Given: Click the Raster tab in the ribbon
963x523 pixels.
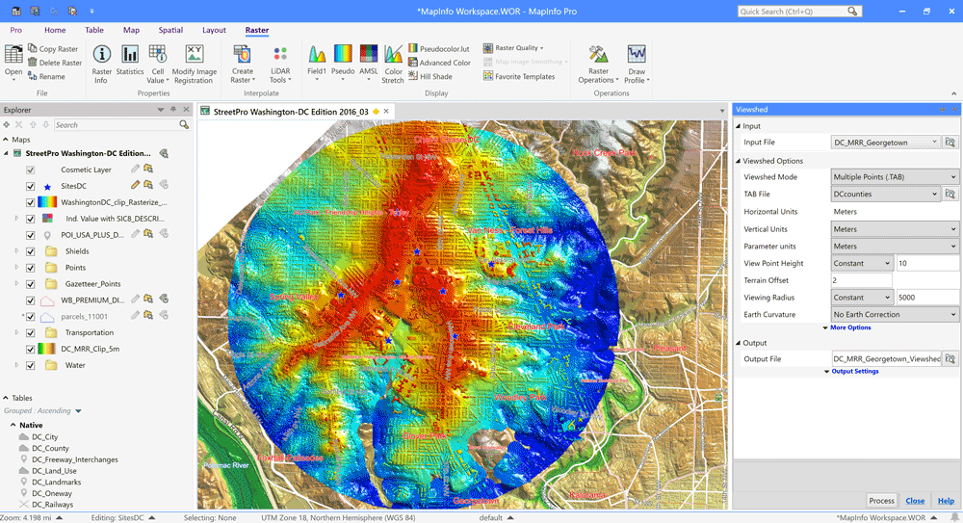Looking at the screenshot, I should click(x=256, y=30).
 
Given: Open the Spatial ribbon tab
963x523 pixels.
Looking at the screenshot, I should click(x=170, y=30).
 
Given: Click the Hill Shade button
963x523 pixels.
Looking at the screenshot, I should click(x=435, y=76).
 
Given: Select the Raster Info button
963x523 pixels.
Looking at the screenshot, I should click(x=101, y=64).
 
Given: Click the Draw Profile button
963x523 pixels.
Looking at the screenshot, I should click(x=636, y=64).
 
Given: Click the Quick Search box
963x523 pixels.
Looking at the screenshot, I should click(x=792, y=12).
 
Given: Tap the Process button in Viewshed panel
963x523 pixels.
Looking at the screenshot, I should click(x=881, y=501).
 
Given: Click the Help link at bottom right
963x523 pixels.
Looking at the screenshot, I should click(x=946, y=501).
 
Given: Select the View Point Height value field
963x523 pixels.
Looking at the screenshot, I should click(x=926, y=263).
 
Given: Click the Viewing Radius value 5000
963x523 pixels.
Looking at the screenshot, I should click(x=926, y=298).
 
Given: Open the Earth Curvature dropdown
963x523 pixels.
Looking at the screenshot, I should click(x=895, y=315).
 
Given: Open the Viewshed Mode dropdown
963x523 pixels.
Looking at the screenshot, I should click(x=895, y=177).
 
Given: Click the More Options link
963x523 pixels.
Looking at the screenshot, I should click(x=850, y=327).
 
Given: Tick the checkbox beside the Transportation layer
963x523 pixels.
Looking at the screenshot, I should click(x=31, y=332).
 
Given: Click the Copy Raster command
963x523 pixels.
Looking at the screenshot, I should click(x=58, y=49).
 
